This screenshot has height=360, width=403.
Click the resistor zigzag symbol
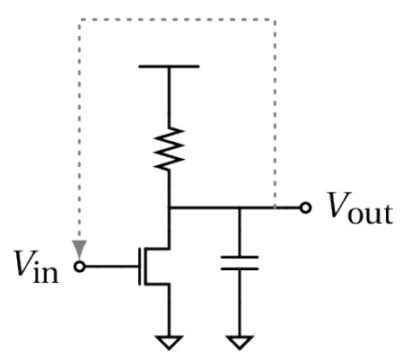(x=169, y=149)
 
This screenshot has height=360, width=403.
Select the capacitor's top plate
(x=240, y=257)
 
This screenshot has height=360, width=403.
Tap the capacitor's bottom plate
(x=240, y=268)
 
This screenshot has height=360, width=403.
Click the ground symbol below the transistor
(x=169, y=342)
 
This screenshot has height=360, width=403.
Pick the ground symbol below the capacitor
(x=240, y=342)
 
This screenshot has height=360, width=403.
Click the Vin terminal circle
(x=80, y=267)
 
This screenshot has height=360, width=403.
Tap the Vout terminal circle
(x=305, y=207)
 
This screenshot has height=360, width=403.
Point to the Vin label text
(x=37, y=267)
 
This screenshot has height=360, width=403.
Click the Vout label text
(x=360, y=207)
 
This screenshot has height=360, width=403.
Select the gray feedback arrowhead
(x=79, y=250)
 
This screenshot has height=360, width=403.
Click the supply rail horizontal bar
(x=169, y=66)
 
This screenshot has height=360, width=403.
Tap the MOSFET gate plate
(x=140, y=267)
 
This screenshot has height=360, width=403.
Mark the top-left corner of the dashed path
(x=80, y=20)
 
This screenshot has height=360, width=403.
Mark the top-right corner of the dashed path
(x=275, y=20)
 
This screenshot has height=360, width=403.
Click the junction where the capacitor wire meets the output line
(x=240, y=207)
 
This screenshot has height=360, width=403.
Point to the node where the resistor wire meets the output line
(x=169, y=207)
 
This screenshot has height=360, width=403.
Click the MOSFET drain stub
(x=157, y=249)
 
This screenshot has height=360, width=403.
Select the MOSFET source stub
(x=157, y=284)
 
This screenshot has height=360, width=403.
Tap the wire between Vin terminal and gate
(x=111, y=267)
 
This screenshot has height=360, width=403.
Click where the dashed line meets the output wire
(x=275, y=207)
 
